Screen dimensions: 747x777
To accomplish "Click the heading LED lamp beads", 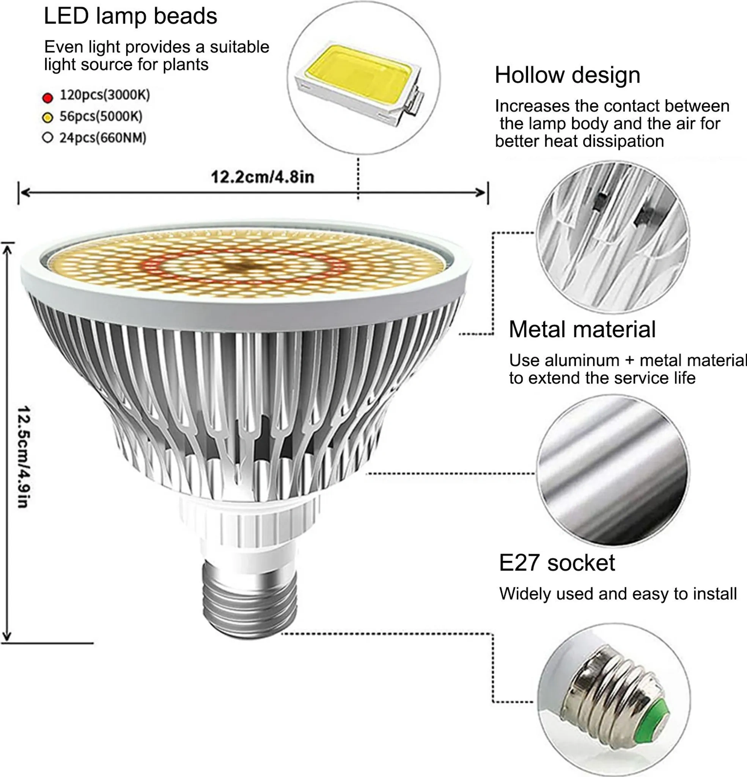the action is coord(131,16).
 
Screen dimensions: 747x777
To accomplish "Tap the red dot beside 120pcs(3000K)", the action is coord(47,98).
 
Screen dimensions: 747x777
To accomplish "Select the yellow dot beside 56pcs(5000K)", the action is coord(47,117).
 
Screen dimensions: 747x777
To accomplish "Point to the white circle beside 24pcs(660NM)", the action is coord(47,138).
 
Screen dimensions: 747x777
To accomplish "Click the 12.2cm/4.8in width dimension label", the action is coord(263,177).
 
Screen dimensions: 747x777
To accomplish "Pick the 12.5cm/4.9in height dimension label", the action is coord(24,457).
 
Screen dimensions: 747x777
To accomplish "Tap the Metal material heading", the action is coord(582,329).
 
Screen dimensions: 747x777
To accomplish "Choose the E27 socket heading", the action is coord(557,563).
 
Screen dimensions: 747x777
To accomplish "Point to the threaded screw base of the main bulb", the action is coord(250,598).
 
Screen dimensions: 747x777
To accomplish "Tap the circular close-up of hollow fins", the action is coord(613,238).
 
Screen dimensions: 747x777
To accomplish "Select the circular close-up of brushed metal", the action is coord(613,470).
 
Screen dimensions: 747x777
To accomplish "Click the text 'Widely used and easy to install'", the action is coord(618,594).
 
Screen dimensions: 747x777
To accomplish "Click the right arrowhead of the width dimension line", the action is coord(481,193).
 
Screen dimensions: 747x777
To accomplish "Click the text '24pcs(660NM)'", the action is coord(103,138).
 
